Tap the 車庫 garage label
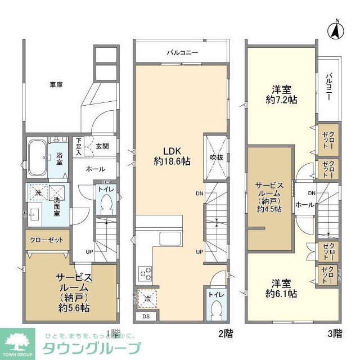pyautogui.click(x=55, y=85)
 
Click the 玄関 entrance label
pyautogui.click(x=102, y=146)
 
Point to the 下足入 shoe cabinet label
pyautogui.click(x=79, y=147)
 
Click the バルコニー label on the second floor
pyautogui.click(x=181, y=53)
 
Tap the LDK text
pyautogui.click(x=171, y=151)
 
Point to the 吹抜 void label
pyautogui.click(x=216, y=157)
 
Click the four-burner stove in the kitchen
pyautogui.click(x=145, y=274)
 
